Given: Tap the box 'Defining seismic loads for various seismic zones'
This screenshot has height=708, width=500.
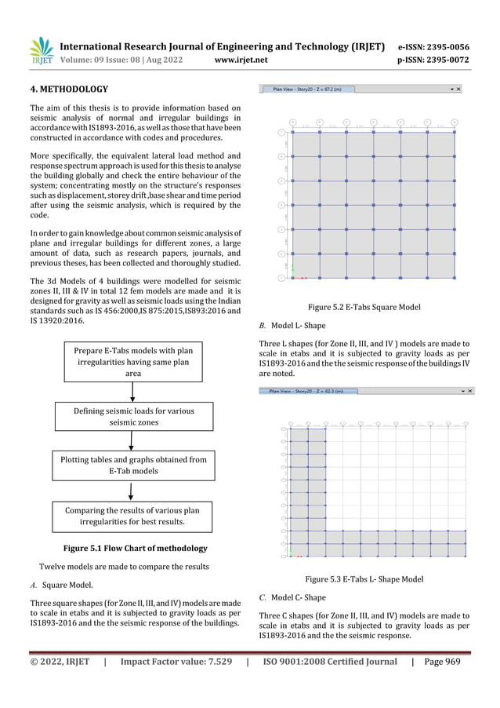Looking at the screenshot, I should coord(133,416).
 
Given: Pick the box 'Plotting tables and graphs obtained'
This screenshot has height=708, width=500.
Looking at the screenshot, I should coord(133,465).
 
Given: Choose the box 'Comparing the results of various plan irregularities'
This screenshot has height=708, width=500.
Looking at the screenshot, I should coord(133,515).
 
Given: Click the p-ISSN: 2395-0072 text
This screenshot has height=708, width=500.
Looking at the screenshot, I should coord(433,59).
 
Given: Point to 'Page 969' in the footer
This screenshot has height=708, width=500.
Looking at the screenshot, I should coord(443,662).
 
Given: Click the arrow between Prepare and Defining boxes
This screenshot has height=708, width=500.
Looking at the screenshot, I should coord(132,390).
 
